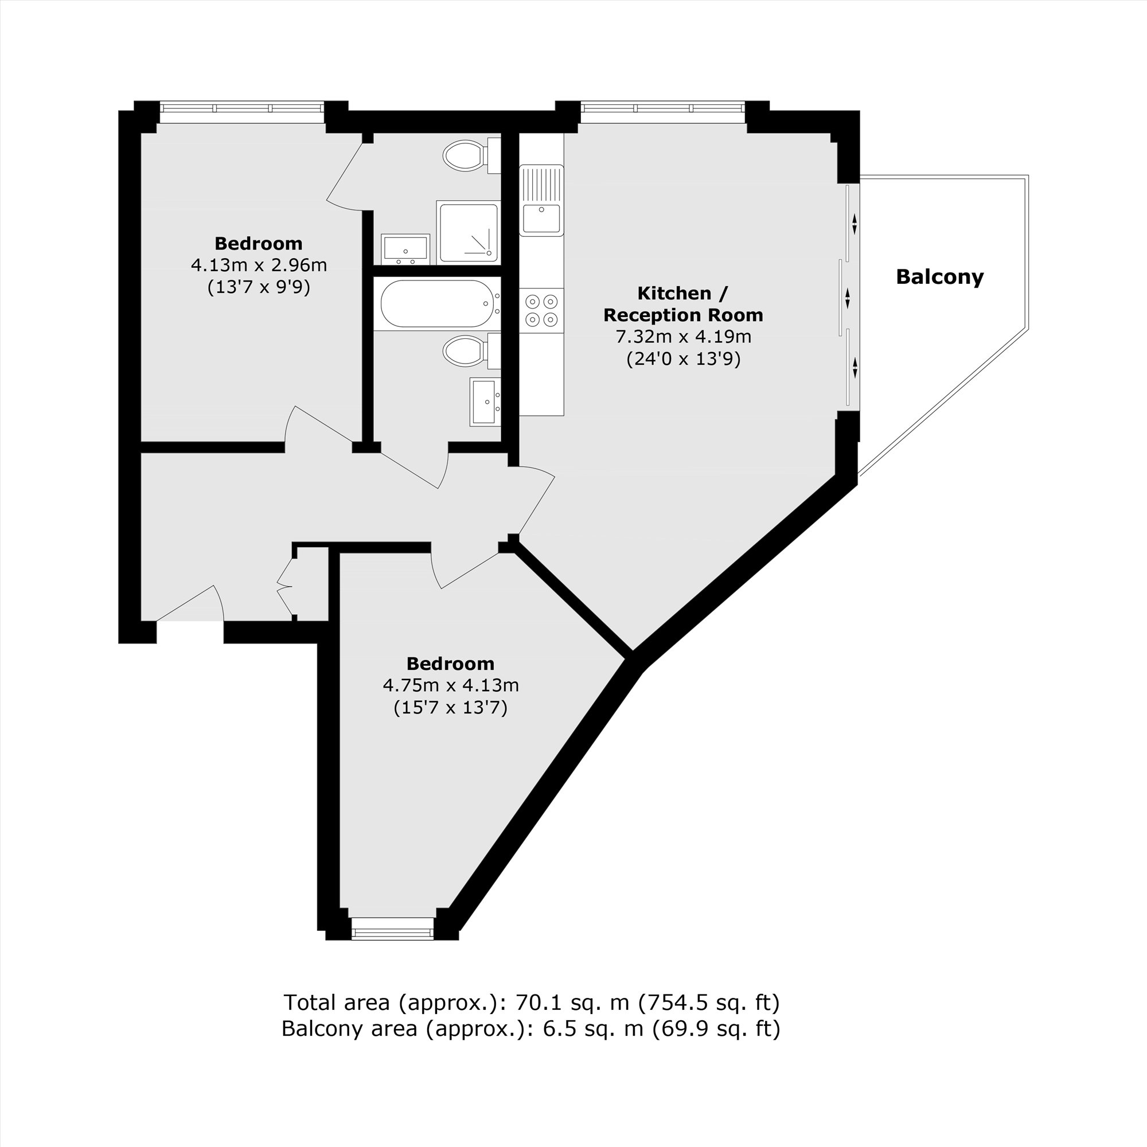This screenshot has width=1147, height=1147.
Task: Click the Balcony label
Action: coord(939,277)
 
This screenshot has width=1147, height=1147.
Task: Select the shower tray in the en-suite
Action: coord(468,232)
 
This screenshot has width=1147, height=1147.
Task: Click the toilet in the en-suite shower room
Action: coord(468,156)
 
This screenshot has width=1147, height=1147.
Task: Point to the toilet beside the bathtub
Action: coord(468,351)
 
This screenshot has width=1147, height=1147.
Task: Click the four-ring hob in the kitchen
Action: coord(541,310)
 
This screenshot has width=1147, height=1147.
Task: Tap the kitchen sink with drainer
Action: coord(541,200)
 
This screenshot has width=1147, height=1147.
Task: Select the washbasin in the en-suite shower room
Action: coord(405,249)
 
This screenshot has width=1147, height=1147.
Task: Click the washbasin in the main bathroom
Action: coord(485,401)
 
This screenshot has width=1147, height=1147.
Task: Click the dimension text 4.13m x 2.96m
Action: coord(259,266)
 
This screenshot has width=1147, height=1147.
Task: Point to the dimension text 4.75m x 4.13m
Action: coord(451,686)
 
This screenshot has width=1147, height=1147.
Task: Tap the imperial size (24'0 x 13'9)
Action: coord(684,359)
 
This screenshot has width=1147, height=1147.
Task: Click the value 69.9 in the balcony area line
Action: coord(678,1028)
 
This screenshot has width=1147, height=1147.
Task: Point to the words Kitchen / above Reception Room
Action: coord(682,293)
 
